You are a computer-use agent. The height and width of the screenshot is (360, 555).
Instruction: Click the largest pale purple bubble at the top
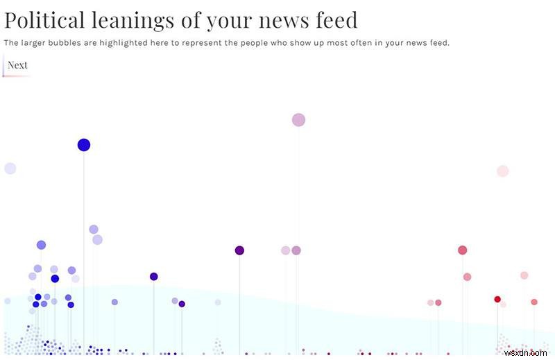(298, 120)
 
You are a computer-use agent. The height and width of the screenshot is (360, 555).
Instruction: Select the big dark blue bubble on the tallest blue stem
(84, 145)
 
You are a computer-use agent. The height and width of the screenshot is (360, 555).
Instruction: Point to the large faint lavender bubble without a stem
(10, 169)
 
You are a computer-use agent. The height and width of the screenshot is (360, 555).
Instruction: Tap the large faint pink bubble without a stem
(503, 171)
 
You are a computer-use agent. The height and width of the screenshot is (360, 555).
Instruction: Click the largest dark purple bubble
(239, 250)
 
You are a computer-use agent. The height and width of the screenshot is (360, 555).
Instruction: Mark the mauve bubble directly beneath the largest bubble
(296, 250)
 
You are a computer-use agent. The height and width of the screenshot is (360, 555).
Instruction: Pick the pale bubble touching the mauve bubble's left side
(285, 250)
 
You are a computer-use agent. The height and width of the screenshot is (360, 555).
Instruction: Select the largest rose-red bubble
(462, 250)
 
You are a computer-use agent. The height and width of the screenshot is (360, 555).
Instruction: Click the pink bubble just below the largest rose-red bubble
(467, 277)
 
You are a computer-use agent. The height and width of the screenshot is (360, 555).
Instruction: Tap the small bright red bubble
(497, 299)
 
